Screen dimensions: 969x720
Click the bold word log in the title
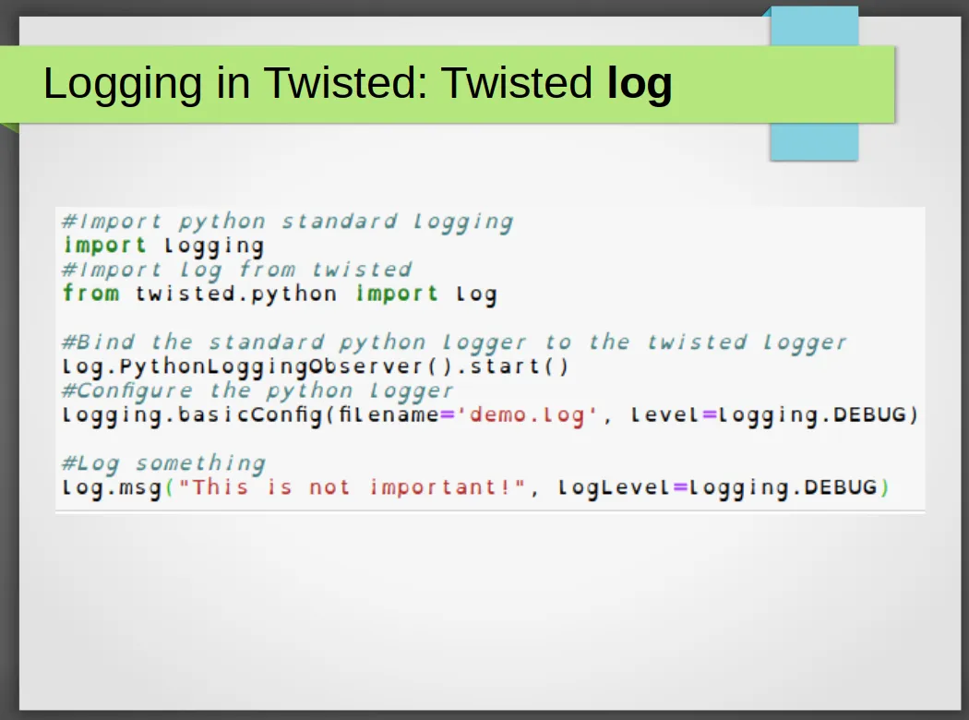pyautogui.click(x=640, y=84)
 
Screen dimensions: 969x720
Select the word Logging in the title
pyautogui.click(x=123, y=84)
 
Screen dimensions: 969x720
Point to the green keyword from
pyautogui.click(x=90, y=293)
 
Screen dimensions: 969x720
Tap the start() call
pyautogui.click(x=519, y=366)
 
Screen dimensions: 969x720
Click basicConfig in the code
pyautogui.click(x=250, y=414)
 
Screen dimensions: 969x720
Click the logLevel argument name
pyautogui.click(x=614, y=488)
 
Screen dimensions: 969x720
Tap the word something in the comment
pyautogui.click(x=200, y=462)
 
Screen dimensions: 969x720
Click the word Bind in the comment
pyautogui.click(x=105, y=342)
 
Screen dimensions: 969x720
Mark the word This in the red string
pyautogui.click(x=220, y=487)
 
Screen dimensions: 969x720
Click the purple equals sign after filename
pyautogui.click(x=447, y=415)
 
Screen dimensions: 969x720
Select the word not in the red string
pyautogui.click(x=329, y=487)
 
